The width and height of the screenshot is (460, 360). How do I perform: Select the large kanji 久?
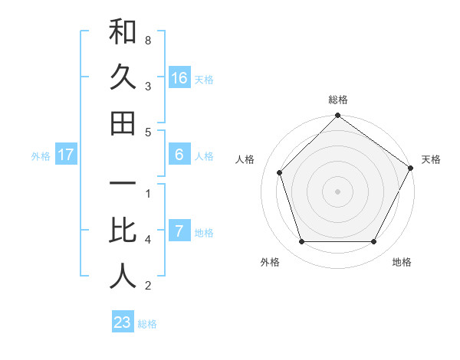tap(123, 78)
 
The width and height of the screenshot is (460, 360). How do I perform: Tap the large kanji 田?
tap(123, 123)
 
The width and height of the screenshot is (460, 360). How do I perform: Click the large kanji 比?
tap(123, 231)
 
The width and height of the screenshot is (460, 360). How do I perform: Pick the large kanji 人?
tap(123, 276)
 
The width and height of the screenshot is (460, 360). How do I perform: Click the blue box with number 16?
tap(179, 78)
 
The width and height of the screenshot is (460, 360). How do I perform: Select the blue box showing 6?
tap(179, 155)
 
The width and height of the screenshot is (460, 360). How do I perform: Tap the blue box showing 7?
tap(179, 231)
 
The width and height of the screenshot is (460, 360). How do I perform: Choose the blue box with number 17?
tap(66, 155)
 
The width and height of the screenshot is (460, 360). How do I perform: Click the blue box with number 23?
tap(123, 322)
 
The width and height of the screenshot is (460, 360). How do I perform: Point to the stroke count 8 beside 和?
tap(148, 39)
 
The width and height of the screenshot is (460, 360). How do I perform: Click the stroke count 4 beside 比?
tap(148, 240)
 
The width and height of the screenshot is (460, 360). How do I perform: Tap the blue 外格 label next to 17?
tap(41, 156)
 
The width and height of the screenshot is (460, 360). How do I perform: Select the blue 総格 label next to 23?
tap(147, 324)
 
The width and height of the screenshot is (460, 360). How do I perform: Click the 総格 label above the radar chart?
tap(337, 100)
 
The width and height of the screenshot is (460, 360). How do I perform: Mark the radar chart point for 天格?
tap(410, 167)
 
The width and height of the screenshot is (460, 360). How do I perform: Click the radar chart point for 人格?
tap(280, 172)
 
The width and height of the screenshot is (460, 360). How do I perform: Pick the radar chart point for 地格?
tap(373, 241)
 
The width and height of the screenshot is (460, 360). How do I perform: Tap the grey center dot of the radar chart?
tap(337, 191)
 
